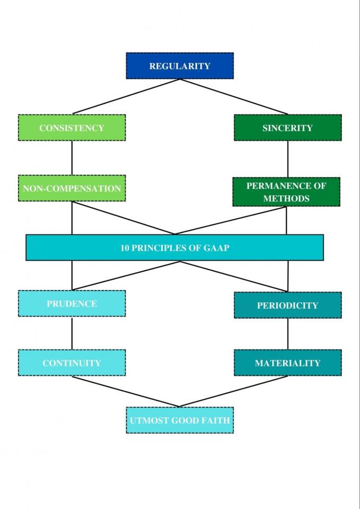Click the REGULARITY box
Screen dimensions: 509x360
point(180,66)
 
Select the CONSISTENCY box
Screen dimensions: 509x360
point(72,128)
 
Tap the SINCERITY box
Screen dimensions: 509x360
point(287,128)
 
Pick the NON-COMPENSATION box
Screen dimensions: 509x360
point(72,188)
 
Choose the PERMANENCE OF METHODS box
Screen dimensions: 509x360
point(286,192)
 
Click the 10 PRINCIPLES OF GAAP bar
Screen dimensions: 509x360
point(174,248)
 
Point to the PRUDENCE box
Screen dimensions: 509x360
point(72,304)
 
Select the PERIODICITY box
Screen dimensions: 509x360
point(287,305)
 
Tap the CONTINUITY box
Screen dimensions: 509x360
point(72,363)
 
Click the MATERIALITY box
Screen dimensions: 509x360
point(287,363)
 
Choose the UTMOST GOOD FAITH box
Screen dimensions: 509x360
point(180,420)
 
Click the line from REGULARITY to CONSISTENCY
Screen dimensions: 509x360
point(126,96)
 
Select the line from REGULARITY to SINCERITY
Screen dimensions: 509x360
point(233,96)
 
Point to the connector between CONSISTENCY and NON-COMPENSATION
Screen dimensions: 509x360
point(72,158)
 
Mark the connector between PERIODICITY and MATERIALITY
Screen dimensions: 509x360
point(287,334)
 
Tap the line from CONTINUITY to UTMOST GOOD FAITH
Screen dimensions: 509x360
point(126,392)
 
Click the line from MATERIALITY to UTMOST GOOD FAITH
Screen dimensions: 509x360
point(234,392)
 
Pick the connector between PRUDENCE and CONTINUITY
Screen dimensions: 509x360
point(72,333)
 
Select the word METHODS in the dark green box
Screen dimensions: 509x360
point(286,198)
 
